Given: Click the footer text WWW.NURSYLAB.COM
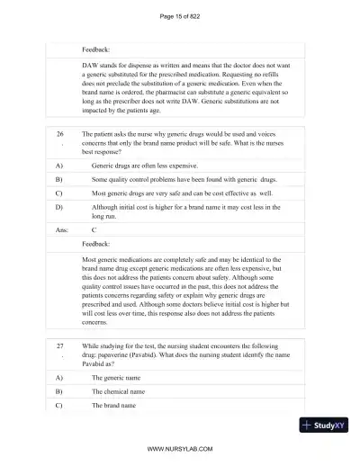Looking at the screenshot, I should click(180, 448).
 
